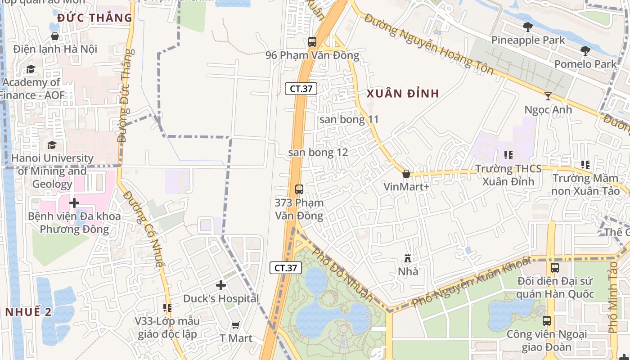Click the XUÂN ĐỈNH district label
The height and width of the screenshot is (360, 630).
coord(402,94)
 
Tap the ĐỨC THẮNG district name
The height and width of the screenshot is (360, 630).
coord(94,18)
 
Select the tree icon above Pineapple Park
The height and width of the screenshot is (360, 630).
coord(528,27)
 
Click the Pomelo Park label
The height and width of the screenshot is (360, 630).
coord(585,64)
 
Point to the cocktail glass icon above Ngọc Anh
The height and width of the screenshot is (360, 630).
coord(548,96)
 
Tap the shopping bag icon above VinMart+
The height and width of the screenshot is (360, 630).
coord(406,174)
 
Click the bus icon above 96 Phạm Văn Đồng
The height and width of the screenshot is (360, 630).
coord(312,42)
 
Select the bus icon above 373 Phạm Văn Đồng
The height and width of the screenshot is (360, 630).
coord(299,189)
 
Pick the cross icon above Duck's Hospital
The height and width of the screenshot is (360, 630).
coord(221,285)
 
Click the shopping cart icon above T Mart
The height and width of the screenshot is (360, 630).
coord(235,325)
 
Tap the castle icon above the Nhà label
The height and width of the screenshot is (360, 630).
coord(408,258)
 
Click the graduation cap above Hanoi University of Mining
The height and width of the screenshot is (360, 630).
coord(52,145)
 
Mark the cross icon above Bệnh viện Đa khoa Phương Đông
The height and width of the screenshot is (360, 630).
coord(74,203)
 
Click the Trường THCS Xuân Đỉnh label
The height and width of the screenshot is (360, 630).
coord(508,175)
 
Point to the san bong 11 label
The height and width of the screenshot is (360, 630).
coord(349,120)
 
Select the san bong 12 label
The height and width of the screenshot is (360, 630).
coord(318,153)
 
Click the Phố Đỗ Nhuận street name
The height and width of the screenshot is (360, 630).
coord(343,274)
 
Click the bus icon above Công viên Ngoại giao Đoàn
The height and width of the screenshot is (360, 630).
coord(547,321)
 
